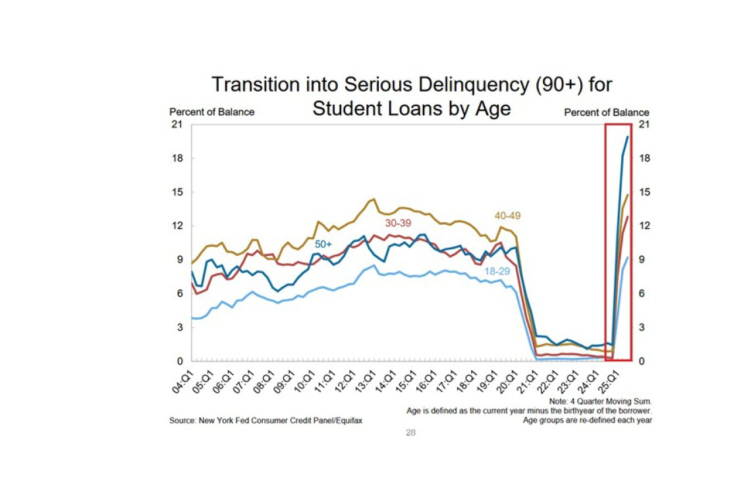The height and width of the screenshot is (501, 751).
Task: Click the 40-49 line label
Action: pos(508,216)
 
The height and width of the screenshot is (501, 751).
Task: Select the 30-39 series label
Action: pos(399,223)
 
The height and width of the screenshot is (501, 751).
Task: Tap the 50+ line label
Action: pos(323,245)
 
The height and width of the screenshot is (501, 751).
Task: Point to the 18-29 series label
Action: pos(497,271)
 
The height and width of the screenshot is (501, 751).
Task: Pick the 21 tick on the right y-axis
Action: pos(644,125)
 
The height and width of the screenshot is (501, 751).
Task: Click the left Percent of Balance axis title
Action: pos(211,112)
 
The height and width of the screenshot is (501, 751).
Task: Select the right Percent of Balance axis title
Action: pos(606,113)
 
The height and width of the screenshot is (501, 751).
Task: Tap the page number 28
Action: pos(410,433)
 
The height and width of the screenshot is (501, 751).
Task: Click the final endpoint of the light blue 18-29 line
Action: pos(628,257)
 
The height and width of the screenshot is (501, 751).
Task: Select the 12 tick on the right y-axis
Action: pos(644,226)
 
